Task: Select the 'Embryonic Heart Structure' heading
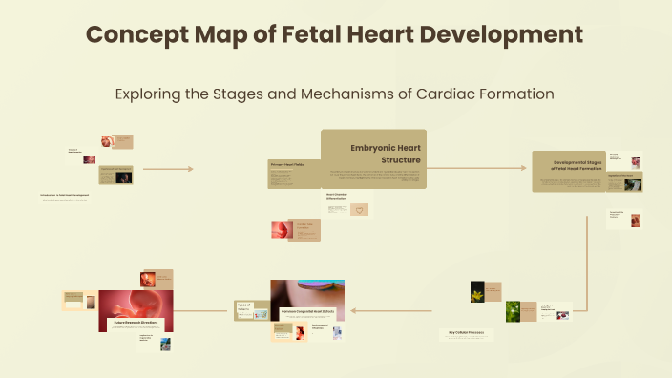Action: (x=386, y=153)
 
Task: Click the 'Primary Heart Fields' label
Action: (x=287, y=164)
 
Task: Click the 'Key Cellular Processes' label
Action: (x=468, y=332)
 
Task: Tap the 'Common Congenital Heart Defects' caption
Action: (x=307, y=312)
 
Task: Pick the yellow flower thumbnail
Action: (x=478, y=290)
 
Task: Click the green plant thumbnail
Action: (x=513, y=310)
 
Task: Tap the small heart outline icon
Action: (x=360, y=209)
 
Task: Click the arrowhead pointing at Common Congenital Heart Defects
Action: (x=352, y=310)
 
